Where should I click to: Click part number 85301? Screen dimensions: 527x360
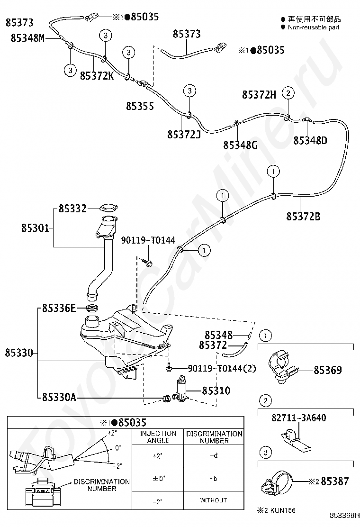(x=35, y=228)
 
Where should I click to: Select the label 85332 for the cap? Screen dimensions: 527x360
(x=72, y=209)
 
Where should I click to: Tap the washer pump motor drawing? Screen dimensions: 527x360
(x=181, y=388)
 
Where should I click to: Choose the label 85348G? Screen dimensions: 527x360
(x=240, y=145)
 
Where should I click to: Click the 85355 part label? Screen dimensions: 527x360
(x=140, y=106)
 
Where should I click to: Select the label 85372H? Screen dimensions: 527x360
(x=259, y=95)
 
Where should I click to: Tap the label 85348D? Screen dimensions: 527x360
(x=310, y=140)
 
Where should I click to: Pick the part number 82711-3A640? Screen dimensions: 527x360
(x=298, y=418)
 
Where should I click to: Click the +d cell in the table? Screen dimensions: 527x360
(x=213, y=456)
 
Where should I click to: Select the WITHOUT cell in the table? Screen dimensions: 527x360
(x=213, y=500)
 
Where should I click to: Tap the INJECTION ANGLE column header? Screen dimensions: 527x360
(x=158, y=437)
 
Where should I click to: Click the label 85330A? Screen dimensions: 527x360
(x=59, y=397)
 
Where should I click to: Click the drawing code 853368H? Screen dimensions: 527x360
(x=345, y=520)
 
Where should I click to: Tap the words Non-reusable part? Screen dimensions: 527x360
(x=314, y=27)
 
